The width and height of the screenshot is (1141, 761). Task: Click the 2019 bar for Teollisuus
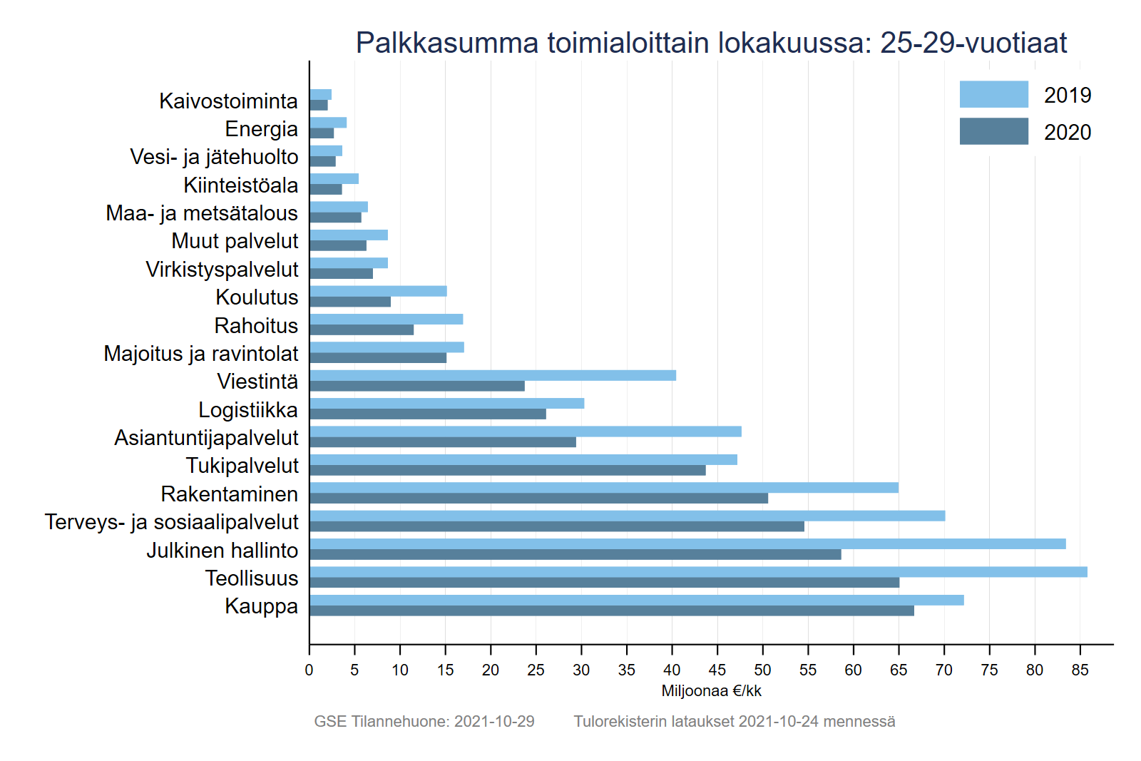[698, 572]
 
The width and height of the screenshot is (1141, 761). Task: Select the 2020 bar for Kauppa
[611, 611]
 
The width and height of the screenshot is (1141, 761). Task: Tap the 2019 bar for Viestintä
[492, 375]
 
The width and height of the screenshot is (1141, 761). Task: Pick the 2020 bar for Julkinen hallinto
[575, 554]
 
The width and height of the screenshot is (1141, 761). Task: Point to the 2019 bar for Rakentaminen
[603, 488]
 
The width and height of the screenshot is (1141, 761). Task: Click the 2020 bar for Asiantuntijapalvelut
[442, 442]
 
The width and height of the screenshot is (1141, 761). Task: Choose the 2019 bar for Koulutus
[378, 291]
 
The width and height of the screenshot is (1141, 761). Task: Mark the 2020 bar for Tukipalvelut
[507, 470]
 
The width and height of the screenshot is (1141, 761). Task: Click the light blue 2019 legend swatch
[993, 94]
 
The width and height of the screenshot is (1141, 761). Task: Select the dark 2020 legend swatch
[993, 131]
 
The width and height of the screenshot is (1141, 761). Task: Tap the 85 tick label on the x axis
[1080, 670]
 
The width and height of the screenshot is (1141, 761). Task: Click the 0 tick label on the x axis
[309, 670]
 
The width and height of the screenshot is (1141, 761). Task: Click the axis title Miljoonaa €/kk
[711, 690]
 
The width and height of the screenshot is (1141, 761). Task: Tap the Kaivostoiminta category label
[228, 101]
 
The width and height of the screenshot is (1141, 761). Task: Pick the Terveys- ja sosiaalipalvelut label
[171, 521]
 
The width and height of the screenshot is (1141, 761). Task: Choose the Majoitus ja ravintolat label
[200, 353]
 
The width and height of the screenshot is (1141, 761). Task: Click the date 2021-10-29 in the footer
[494, 721]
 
